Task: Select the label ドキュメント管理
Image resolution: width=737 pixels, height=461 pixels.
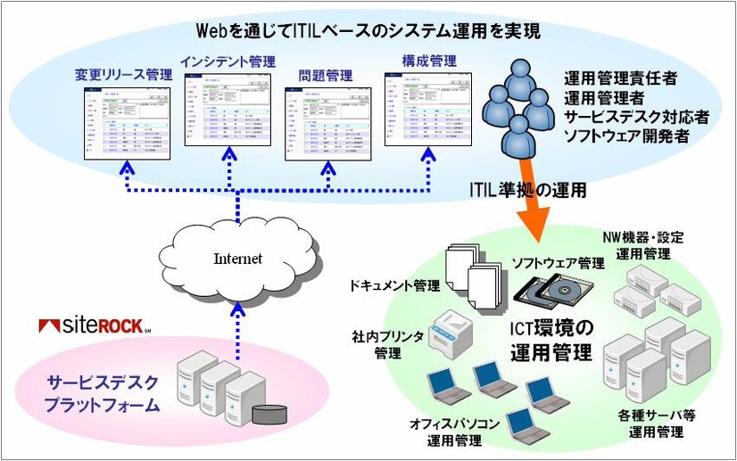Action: pyautogui.click(x=396, y=285)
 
